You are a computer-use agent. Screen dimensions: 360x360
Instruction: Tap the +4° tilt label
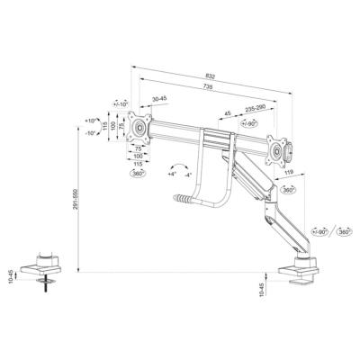tap(171, 175)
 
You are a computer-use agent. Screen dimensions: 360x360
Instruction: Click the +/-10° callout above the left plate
tap(121, 103)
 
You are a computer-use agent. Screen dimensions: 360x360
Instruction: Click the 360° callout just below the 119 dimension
tap(288, 191)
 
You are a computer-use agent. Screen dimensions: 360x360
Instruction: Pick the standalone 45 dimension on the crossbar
tap(228, 114)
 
